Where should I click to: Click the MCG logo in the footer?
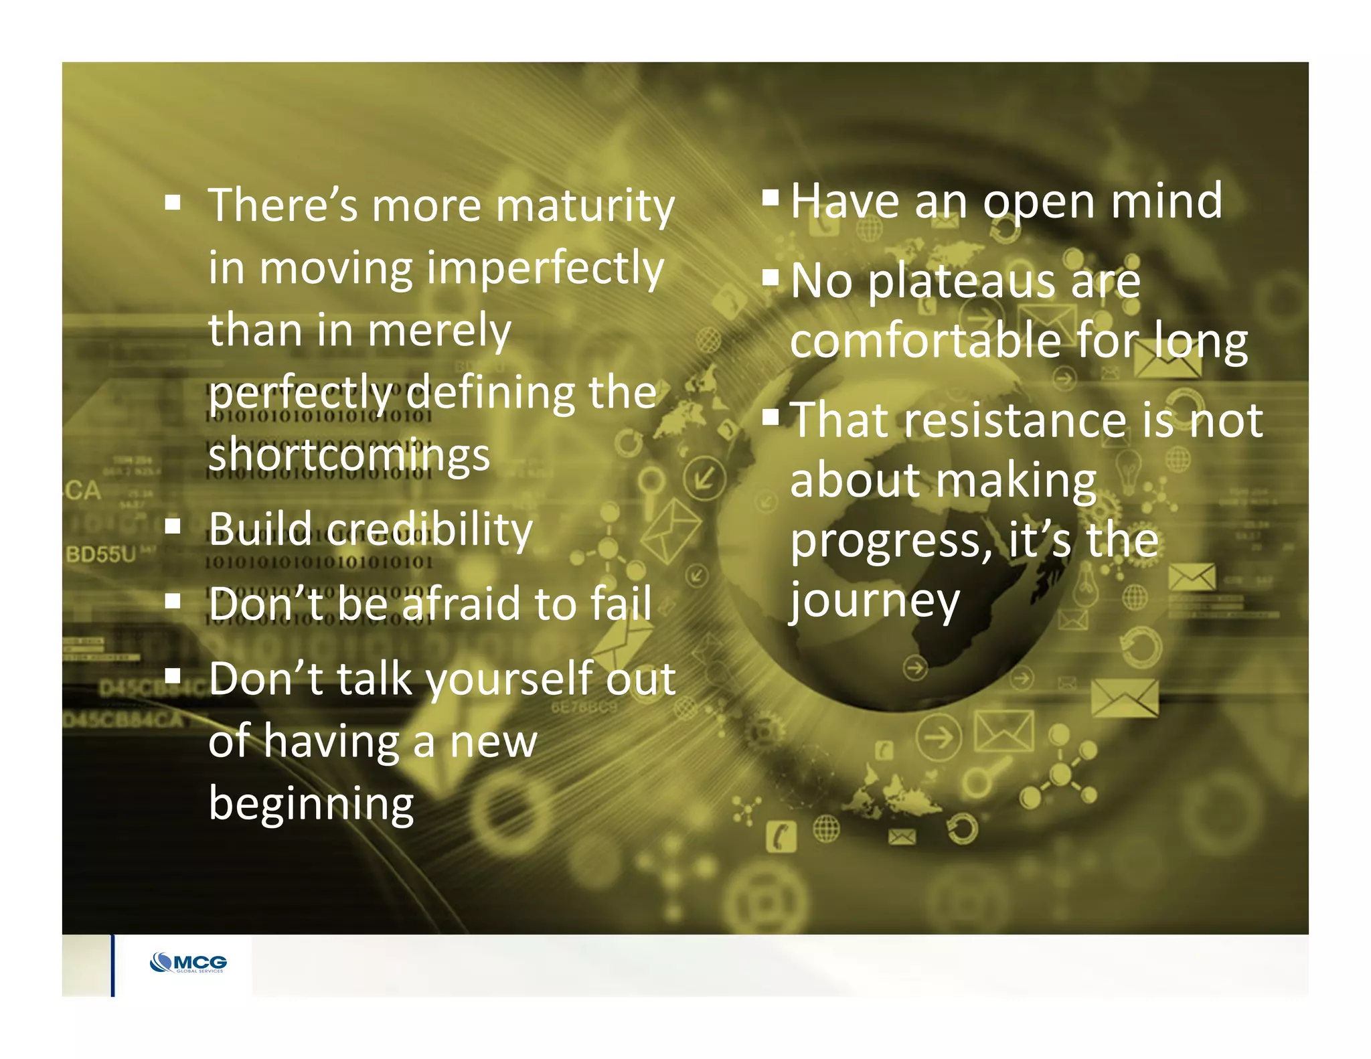click(189, 963)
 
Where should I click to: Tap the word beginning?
click(311, 805)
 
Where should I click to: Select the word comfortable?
click(926, 341)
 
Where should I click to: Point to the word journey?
click(874, 601)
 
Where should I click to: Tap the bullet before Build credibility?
click(173, 527)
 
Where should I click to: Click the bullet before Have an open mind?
click(771, 196)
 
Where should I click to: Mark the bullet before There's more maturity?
click(173, 202)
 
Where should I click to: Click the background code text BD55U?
click(100, 554)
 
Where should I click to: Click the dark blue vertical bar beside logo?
click(112, 965)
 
